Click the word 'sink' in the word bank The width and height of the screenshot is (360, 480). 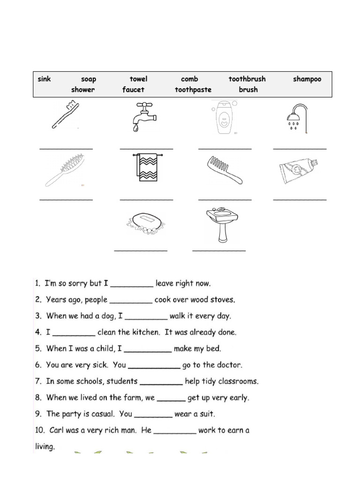[x=44, y=79]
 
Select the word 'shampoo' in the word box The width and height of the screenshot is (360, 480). [x=307, y=79]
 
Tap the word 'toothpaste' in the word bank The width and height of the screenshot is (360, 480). [x=193, y=90]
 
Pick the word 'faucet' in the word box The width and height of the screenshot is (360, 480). [x=134, y=90]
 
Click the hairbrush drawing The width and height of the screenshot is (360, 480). [x=65, y=169]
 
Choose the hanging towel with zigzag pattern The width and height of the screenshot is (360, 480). [x=147, y=167]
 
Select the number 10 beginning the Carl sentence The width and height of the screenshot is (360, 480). [x=40, y=430]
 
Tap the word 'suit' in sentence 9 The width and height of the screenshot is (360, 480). [x=207, y=414]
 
